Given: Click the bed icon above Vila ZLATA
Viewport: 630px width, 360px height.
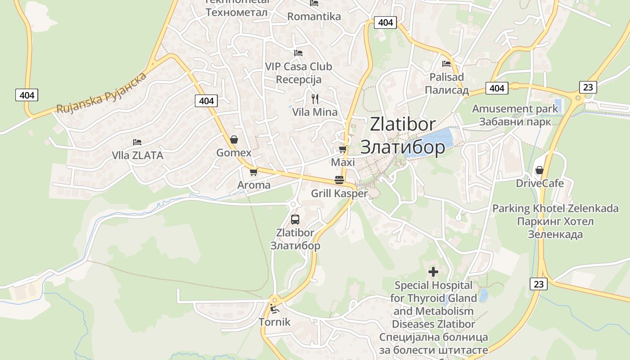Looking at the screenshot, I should [137, 142].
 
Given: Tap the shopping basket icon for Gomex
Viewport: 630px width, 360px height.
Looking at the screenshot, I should [234, 139].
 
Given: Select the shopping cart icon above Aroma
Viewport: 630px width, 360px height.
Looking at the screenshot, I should [253, 172].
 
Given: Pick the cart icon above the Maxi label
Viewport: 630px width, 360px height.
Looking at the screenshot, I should [342, 149].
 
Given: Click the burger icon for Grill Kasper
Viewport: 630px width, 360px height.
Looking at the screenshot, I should [339, 180].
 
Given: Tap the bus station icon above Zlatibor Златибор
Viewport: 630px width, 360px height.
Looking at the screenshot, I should [295, 220].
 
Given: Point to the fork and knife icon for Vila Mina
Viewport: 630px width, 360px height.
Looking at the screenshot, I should [315, 99].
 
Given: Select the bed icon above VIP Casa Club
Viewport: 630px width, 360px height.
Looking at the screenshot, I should [298, 53].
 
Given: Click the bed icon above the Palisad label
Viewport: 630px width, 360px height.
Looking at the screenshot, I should [446, 64].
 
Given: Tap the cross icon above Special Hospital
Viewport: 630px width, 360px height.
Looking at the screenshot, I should [433, 272].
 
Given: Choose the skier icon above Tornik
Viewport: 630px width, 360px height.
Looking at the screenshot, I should [274, 309].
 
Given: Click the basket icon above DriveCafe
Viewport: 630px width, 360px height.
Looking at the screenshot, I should [539, 170].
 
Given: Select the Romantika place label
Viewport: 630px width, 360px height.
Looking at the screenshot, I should [314, 17].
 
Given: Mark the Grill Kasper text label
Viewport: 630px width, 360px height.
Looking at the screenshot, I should [339, 194].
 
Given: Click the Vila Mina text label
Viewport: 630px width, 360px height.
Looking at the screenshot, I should [315, 112].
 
